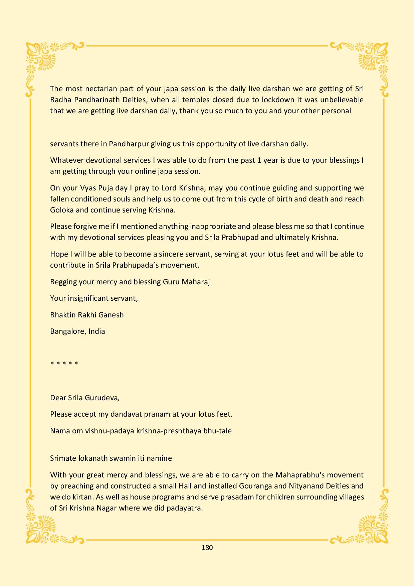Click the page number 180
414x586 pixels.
coord(207,547)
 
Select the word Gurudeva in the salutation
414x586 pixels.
coord(101,398)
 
